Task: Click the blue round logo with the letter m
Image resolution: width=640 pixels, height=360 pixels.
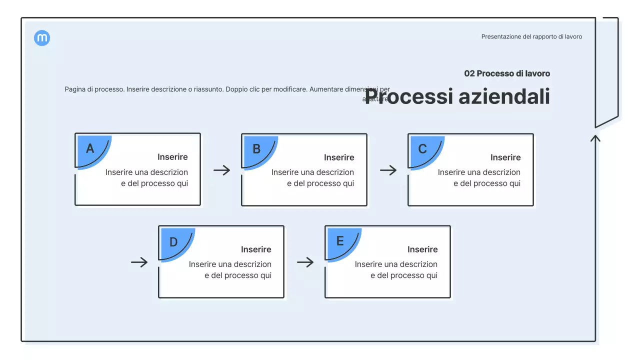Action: click(x=42, y=38)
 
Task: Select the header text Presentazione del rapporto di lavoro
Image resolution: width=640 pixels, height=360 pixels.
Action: click(x=531, y=36)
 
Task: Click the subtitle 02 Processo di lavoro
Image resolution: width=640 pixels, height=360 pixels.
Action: click(x=507, y=73)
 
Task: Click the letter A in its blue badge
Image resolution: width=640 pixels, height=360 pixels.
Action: click(x=90, y=148)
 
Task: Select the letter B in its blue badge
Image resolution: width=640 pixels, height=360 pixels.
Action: click(x=256, y=149)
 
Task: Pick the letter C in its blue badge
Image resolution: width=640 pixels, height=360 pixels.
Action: click(x=422, y=149)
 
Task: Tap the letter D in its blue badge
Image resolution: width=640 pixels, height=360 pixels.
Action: click(x=173, y=242)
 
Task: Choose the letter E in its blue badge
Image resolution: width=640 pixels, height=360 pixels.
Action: click(x=340, y=241)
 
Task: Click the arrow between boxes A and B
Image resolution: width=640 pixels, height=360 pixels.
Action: click(x=221, y=170)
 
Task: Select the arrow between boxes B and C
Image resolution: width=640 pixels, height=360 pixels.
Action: click(x=388, y=170)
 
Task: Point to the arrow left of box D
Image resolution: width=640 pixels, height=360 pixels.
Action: click(x=139, y=262)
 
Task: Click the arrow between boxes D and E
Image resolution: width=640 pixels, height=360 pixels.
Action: click(x=305, y=262)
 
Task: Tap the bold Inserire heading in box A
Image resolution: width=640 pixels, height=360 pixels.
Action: click(x=172, y=157)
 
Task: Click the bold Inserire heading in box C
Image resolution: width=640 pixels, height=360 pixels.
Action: click(x=505, y=157)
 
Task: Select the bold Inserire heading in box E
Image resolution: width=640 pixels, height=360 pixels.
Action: click(x=422, y=249)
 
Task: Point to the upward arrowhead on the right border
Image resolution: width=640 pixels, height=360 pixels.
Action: click(x=595, y=137)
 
